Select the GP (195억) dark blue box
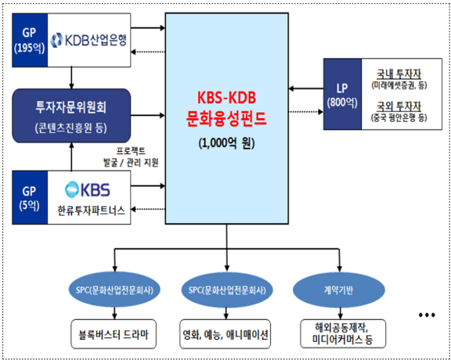pos(30,40)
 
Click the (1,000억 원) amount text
pos(227,144)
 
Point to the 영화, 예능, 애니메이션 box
pos(227,334)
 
